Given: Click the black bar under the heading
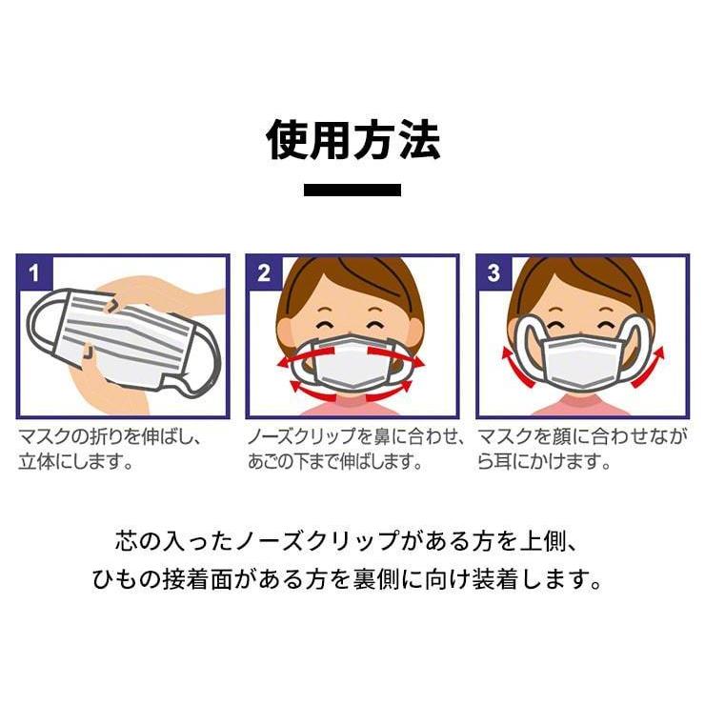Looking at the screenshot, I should [x=352, y=190].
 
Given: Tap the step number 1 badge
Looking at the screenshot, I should [x=35, y=273].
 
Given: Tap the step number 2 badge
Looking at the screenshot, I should [x=264, y=273].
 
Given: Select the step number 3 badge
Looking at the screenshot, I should [x=493, y=273].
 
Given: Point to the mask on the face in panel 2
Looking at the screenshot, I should [x=352, y=366].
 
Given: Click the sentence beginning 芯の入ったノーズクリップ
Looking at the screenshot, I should [x=352, y=542].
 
